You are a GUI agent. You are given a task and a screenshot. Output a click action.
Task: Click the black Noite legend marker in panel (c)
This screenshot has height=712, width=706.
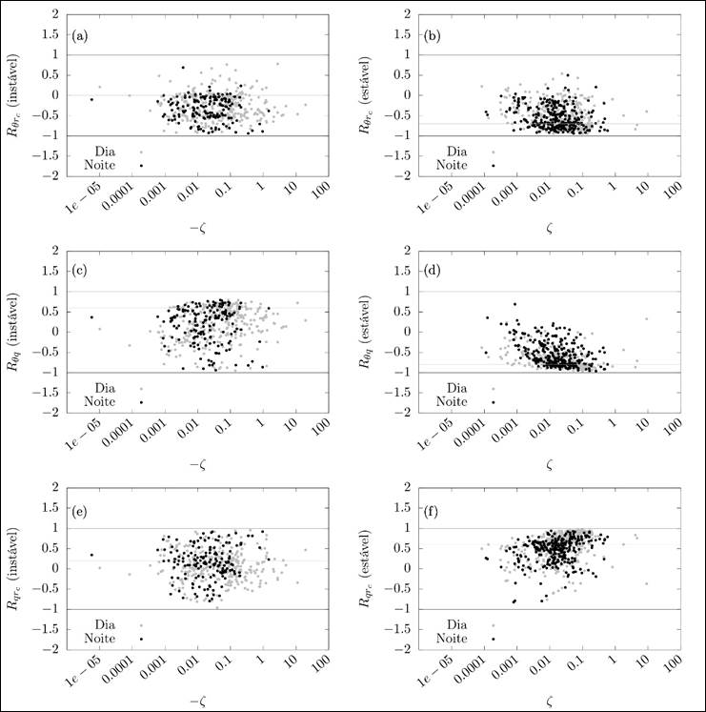[x=141, y=402]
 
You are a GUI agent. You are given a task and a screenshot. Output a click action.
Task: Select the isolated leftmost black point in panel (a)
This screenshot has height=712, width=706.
[x=92, y=99]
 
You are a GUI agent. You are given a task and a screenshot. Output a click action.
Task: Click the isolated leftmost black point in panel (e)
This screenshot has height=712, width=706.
[x=92, y=555]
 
